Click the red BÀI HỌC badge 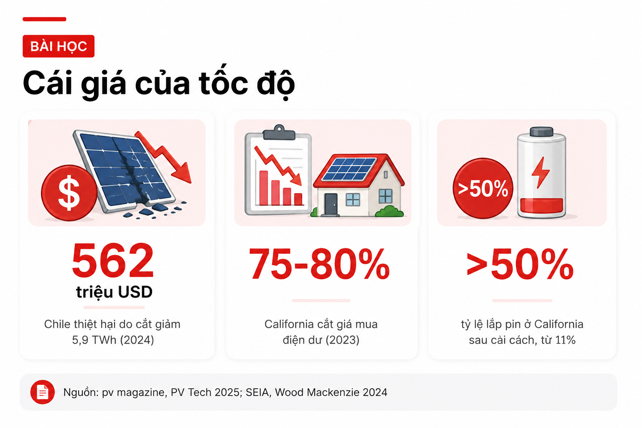pyautogui.click(x=59, y=46)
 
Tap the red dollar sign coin pyautogui.click(x=69, y=193)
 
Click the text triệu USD pyautogui.click(x=114, y=292)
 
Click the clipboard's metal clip pyautogui.click(x=279, y=132)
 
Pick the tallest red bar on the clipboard pyautogui.click(x=263, y=188)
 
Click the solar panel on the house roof pyautogui.click(x=349, y=169)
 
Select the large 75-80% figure pyautogui.click(x=319, y=264)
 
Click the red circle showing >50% pyautogui.click(x=483, y=189)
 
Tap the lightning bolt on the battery pyautogui.click(x=540, y=173)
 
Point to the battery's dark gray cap pyautogui.click(x=542, y=132)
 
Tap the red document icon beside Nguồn pyautogui.click(x=42, y=392)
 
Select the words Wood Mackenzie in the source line pyautogui.click(x=317, y=392)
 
